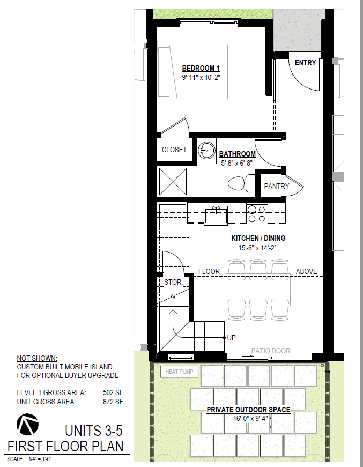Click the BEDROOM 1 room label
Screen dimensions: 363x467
click(201, 68)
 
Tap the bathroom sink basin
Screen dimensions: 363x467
click(206, 151)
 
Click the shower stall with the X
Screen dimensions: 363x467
click(173, 182)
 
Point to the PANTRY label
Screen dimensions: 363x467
click(277, 186)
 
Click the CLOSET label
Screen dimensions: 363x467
click(174, 150)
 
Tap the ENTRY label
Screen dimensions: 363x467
click(305, 63)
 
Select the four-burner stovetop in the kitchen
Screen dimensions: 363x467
click(257, 213)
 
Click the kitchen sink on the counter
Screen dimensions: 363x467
click(216, 214)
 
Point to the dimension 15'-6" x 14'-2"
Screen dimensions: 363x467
click(257, 248)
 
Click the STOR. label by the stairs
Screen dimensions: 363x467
click(173, 282)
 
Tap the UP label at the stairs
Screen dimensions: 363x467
click(232, 338)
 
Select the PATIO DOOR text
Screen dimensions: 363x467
click(271, 351)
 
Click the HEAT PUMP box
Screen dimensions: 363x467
click(179, 372)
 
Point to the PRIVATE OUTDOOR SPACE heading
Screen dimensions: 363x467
click(249, 410)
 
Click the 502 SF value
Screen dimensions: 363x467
click(113, 392)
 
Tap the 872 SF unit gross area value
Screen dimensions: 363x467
click(113, 402)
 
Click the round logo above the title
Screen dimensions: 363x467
click(27, 425)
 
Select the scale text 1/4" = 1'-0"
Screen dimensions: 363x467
click(40, 459)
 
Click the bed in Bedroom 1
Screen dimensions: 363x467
click(192, 72)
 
